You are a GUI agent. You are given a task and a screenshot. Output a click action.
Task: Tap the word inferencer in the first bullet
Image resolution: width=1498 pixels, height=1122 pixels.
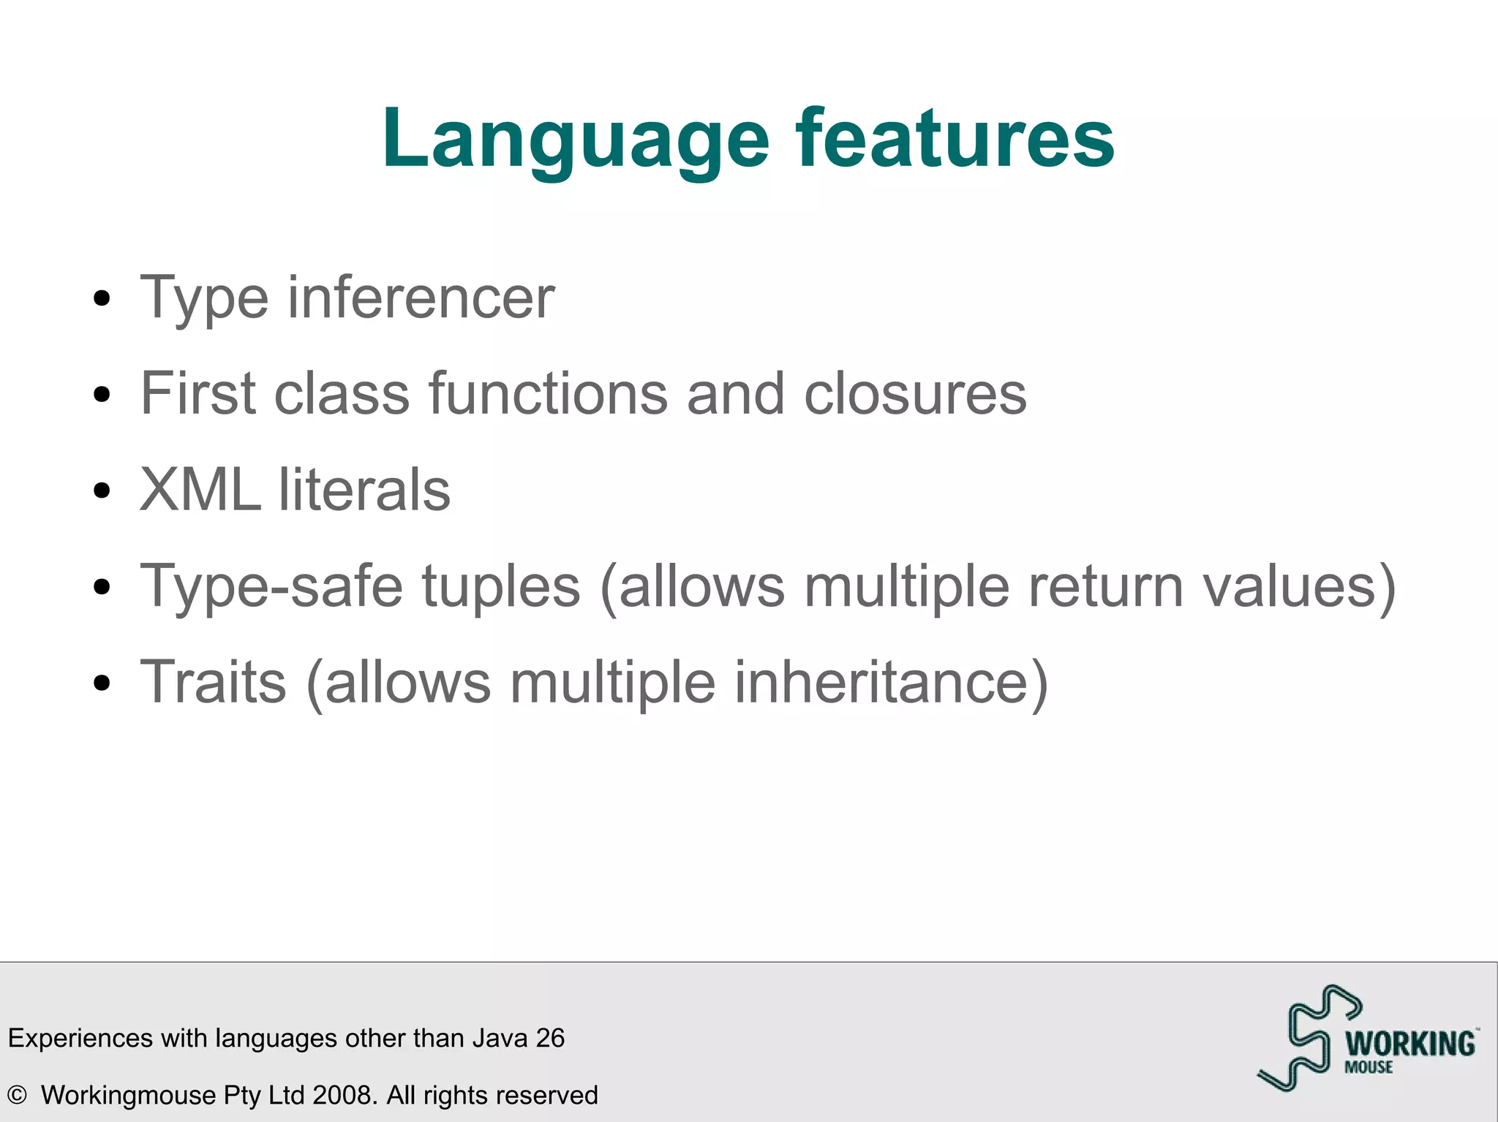tap(421, 297)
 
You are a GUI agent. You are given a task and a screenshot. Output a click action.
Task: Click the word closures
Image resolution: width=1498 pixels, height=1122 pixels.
tap(915, 394)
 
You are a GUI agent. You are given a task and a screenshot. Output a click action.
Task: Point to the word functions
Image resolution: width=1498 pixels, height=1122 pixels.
tap(548, 394)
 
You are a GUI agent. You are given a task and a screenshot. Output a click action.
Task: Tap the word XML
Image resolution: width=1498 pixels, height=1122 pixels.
tap(200, 490)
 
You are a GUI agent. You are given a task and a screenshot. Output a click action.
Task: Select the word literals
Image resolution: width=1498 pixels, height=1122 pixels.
tap(364, 490)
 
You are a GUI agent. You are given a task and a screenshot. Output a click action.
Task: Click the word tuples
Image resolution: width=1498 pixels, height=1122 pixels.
tap(501, 586)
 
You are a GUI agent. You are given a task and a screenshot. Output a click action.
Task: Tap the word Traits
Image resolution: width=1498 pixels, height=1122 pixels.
tap(213, 682)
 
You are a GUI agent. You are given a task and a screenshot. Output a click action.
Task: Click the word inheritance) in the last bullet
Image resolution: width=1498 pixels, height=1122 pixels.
tap(891, 682)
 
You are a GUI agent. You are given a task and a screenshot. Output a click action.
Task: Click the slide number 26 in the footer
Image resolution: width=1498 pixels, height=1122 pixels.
tap(550, 1038)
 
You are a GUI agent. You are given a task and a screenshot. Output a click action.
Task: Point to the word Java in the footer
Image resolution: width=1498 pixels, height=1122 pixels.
tap(500, 1038)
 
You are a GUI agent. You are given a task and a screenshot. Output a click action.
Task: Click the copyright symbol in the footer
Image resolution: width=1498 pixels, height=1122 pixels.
tap(17, 1095)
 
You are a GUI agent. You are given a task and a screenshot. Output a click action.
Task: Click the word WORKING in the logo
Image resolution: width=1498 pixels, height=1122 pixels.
tap(1410, 1043)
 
